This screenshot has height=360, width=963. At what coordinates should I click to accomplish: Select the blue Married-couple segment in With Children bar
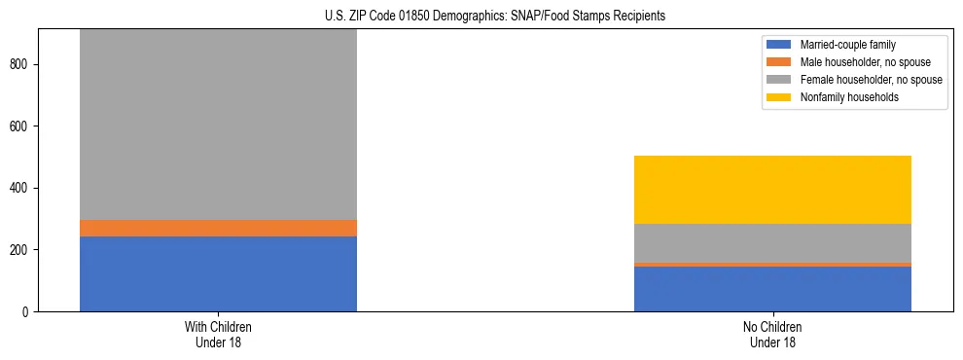218,273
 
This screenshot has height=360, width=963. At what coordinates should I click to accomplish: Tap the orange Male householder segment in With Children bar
218,228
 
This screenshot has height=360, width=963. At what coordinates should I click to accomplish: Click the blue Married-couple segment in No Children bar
772,288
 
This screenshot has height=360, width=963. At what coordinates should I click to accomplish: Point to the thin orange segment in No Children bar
772,264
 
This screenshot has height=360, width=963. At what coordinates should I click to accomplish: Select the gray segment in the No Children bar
772,242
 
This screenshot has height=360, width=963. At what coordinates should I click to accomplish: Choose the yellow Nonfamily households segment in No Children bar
772,190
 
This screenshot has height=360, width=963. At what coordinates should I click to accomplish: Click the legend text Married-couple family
847,45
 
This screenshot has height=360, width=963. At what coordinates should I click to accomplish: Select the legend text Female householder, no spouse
871,80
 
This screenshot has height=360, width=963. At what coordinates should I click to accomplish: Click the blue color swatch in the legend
779,45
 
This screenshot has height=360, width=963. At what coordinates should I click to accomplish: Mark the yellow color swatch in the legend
779,97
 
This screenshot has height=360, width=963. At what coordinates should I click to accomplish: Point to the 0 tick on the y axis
27,311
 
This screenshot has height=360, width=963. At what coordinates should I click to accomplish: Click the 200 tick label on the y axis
21,250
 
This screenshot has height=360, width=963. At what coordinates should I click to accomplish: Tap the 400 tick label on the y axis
21,188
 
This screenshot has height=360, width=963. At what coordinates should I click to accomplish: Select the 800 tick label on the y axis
21,64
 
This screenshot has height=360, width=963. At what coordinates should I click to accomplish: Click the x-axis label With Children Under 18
218,335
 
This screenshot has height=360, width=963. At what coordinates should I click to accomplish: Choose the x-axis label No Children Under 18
772,335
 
